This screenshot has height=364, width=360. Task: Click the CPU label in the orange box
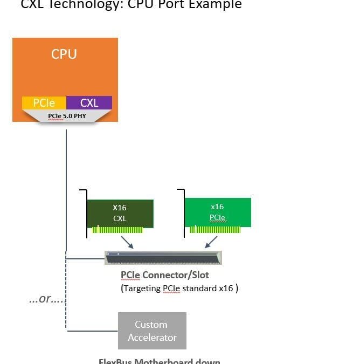click(64, 54)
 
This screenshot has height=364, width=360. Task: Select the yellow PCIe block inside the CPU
click(44, 102)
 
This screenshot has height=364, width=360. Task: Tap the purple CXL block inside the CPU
click(89, 102)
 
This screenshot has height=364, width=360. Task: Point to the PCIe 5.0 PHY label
click(67, 116)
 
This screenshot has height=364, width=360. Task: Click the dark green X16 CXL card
click(120, 213)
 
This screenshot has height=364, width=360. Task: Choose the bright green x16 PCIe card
click(217, 212)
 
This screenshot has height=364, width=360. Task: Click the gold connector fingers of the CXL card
click(117, 230)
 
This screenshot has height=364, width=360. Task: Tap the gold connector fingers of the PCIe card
click(215, 229)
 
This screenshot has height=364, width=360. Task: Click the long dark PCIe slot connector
click(163, 258)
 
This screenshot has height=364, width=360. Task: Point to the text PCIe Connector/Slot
click(164, 275)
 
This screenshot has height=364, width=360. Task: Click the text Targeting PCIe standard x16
click(179, 288)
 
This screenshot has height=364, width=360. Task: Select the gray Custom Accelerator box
click(152, 331)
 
